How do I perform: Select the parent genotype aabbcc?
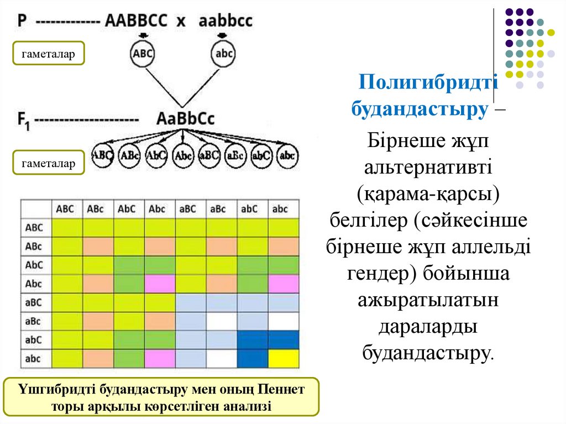[x=225, y=20]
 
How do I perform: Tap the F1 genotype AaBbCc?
[x=185, y=119]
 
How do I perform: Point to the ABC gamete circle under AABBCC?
[x=142, y=54]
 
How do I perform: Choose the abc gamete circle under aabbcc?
[x=224, y=54]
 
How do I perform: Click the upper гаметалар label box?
[x=49, y=54]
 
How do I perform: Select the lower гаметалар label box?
[x=49, y=163]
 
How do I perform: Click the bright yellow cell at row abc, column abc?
[x=284, y=359]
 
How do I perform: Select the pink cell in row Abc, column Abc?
[x=160, y=284]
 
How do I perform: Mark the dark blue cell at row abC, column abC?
[x=253, y=340]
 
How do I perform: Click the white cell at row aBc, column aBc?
[x=222, y=321]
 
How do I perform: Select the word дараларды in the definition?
[x=428, y=326]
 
